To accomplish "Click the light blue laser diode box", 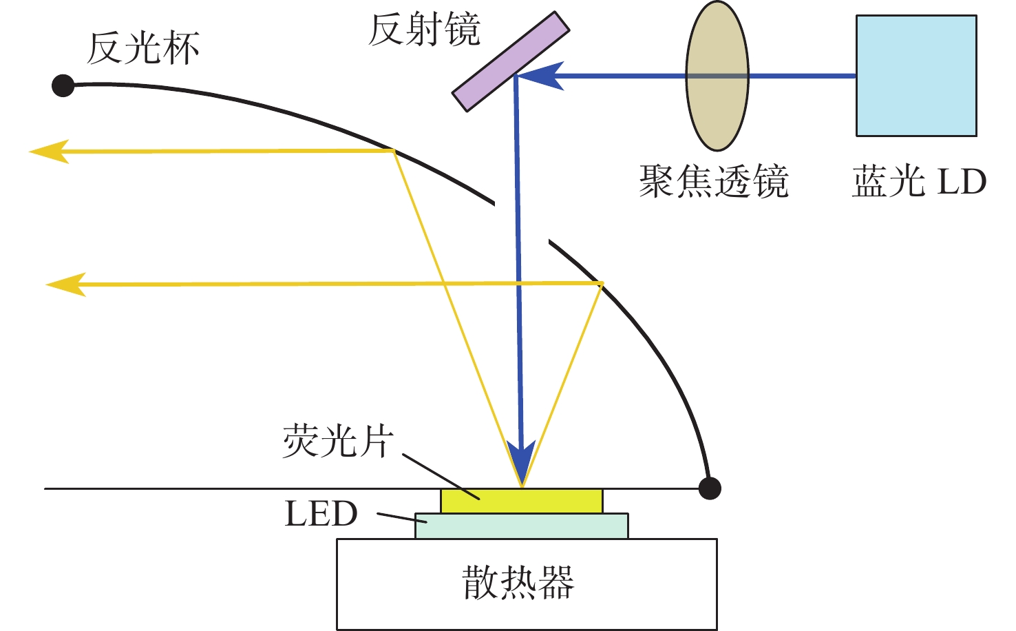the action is pyautogui.click(x=916, y=76).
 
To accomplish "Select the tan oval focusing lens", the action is pyautogui.click(x=717, y=76).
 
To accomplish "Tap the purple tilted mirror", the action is pyautogui.click(x=511, y=61).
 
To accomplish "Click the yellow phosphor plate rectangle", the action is pyautogui.click(x=522, y=501).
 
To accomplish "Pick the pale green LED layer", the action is pyautogui.click(x=522, y=526).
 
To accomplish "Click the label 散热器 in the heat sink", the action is pyautogui.click(x=518, y=582).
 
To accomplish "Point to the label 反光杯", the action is pyautogui.click(x=143, y=48).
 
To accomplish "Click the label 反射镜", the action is pyautogui.click(x=424, y=30).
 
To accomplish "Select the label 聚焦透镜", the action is pyautogui.click(x=714, y=181).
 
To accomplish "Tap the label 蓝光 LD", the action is pyautogui.click(x=920, y=181).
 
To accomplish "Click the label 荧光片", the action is pyautogui.click(x=338, y=441).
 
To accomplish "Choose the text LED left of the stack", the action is pyautogui.click(x=321, y=513).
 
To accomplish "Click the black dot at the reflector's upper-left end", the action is pyautogui.click(x=63, y=85).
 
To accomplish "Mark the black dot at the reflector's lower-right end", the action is pyautogui.click(x=710, y=488).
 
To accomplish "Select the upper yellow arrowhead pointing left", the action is pyautogui.click(x=49, y=151).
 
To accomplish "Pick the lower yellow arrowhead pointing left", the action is pyautogui.click(x=66, y=285).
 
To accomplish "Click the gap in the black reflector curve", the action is pyautogui.click(x=522, y=222).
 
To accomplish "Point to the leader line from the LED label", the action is pyautogui.click(x=402, y=518).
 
